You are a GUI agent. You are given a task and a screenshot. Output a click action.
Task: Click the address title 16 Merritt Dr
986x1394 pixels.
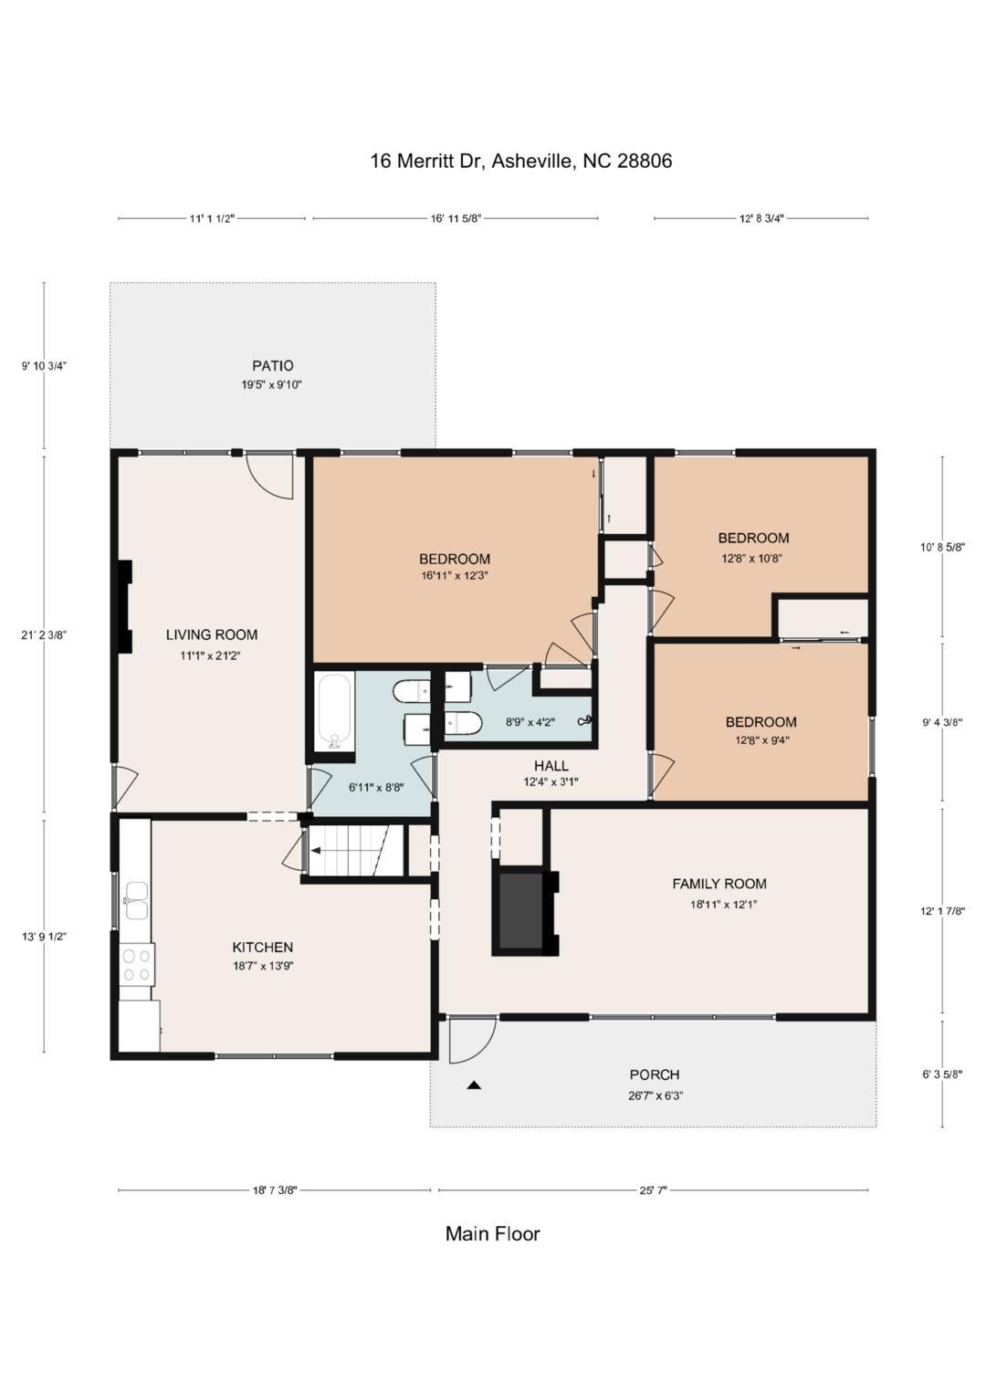520,162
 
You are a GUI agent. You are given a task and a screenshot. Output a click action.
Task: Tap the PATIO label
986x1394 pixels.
272,366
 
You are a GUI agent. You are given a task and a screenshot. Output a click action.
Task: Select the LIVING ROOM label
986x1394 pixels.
211,634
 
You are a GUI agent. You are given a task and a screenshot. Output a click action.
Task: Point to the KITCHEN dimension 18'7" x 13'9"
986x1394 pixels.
262,966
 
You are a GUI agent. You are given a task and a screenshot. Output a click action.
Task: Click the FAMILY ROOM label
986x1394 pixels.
719,884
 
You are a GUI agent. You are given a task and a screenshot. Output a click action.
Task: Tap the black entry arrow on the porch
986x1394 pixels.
473,1085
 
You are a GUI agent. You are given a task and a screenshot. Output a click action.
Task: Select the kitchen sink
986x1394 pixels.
137,900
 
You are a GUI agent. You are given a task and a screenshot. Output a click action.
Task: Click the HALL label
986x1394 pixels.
551,766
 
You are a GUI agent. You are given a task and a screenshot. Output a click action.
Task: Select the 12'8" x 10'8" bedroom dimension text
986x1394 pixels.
752,557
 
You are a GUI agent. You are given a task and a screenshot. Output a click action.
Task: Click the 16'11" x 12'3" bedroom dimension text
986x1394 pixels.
454,576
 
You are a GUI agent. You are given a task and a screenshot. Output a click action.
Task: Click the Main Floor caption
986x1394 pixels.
492,1234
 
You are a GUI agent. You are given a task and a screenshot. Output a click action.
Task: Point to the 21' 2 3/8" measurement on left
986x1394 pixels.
44,634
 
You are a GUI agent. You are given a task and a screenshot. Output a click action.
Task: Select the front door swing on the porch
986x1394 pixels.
471,1041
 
